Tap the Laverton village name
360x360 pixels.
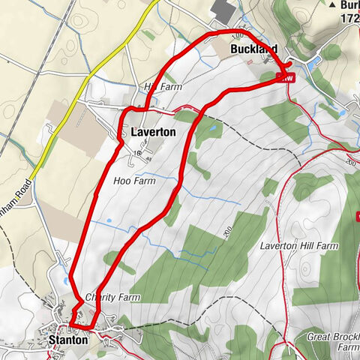[x=153, y=132]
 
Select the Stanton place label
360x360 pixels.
[x=67, y=340]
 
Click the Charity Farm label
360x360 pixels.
[x=113, y=297]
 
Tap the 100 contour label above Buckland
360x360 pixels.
[x=238, y=35]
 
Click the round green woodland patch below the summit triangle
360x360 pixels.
[x=331, y=51]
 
